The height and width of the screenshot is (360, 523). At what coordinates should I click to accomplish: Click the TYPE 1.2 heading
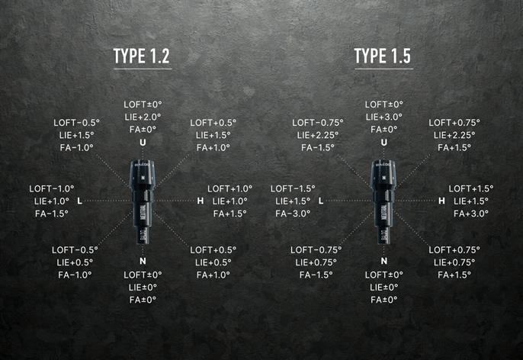[142, 56]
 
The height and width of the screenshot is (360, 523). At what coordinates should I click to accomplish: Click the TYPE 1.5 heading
[382, 56]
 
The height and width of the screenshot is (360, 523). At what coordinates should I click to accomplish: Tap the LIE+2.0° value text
[143, 117]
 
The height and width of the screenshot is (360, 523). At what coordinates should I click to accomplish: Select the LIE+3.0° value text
[384, 117]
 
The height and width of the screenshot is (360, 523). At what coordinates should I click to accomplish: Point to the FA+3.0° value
[471, 214]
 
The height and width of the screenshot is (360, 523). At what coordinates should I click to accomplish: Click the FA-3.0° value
[293, 214]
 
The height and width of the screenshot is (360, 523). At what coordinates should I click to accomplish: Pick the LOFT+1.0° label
[229, 189]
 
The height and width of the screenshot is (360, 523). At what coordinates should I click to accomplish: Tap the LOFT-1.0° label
[52, 189]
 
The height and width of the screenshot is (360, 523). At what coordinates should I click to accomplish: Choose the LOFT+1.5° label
[471, 189]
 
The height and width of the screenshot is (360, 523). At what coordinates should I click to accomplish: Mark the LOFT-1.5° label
[293, 189]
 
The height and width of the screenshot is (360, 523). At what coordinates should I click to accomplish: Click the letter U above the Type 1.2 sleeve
[143, 143]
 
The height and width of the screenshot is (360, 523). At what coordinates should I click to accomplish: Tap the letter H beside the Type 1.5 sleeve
[441, 201]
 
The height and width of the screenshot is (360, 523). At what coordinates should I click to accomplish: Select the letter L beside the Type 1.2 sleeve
[80, 201]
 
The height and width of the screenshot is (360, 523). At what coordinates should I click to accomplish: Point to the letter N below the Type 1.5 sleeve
[384, 261]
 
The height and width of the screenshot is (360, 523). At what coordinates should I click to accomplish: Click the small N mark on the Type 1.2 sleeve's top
[143, 178]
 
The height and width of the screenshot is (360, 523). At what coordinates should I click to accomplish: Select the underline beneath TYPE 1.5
[383, 69]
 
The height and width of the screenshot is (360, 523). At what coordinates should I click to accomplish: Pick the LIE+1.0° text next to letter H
[229, 201]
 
